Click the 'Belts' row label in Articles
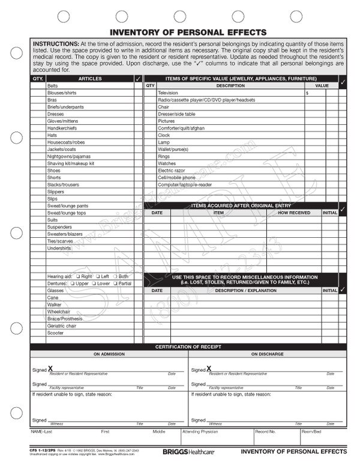point(53,86)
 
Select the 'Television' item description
point(169,93)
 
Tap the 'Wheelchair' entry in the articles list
point(58,312)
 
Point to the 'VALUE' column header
point(321,86)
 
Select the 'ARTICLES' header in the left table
point(90,79)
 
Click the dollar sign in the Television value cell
point(307,93)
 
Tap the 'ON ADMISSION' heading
point(109,354)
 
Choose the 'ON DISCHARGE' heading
point(268,354)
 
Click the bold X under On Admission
point(50,369)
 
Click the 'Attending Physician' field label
point(197,431)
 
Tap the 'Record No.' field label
point(265,431)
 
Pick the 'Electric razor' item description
point(172,171)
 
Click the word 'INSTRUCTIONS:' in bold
point(55,44)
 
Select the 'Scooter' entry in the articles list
point(55,333)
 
